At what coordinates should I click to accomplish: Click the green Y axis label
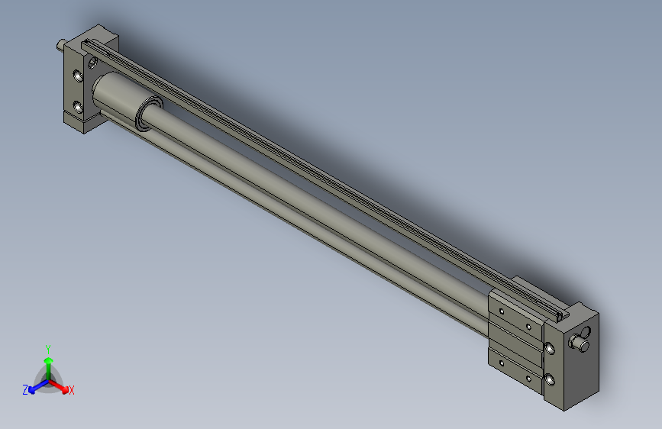[47, 347]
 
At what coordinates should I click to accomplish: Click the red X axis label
[71, 391]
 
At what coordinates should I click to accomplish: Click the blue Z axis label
[25, 389]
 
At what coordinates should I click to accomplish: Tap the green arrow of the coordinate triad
[47, 362]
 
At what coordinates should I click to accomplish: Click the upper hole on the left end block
[77, 76]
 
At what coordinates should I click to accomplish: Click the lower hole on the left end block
[77, 105]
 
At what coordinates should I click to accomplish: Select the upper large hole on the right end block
[549, 348]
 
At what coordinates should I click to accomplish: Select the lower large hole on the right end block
[549, 377]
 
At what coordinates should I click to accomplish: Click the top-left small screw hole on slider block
[502, 311]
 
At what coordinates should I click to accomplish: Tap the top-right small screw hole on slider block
[528, 326]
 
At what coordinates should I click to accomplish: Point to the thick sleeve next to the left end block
[115, 96]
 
